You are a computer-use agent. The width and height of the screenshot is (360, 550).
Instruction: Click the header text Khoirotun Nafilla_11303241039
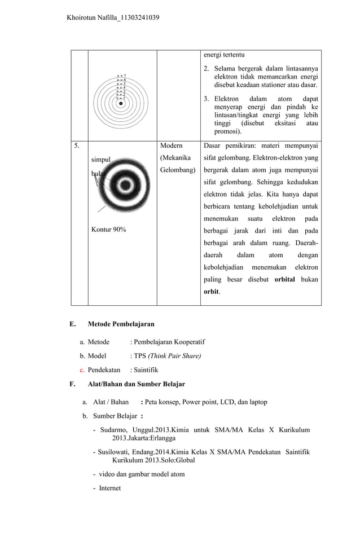[113, 18]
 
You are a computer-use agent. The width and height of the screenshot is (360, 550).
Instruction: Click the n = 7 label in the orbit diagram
[121, 75]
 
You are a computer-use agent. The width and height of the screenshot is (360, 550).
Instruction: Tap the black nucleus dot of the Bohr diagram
[121, 103]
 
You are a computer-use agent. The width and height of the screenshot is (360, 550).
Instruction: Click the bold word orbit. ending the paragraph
[212, 292]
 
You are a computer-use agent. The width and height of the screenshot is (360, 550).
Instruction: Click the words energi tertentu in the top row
[224, 55]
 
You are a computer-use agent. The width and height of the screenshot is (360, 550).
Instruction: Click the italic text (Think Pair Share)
[174, 356]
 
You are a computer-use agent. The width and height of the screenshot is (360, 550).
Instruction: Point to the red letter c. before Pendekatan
[82, 370]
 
